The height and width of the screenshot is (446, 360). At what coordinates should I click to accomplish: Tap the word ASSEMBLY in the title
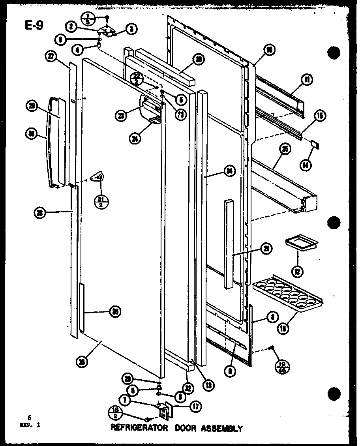click(223, 428)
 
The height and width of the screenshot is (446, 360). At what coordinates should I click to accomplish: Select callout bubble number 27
click(51, 56)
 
